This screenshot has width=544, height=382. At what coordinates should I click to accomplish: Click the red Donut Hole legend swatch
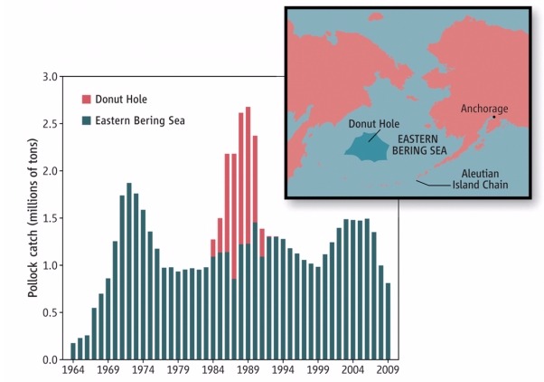click(x=87, y=100)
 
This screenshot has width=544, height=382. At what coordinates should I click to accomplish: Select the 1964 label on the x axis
click(x=73, y=370)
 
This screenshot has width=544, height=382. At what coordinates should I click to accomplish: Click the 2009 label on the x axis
click(x=388, y=370)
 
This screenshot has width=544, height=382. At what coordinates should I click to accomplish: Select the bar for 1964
click(x=73, y=351)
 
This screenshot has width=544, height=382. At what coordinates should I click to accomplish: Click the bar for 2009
click(x=388, y=321)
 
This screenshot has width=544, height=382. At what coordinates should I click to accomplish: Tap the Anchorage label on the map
click(x=484, y=109)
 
